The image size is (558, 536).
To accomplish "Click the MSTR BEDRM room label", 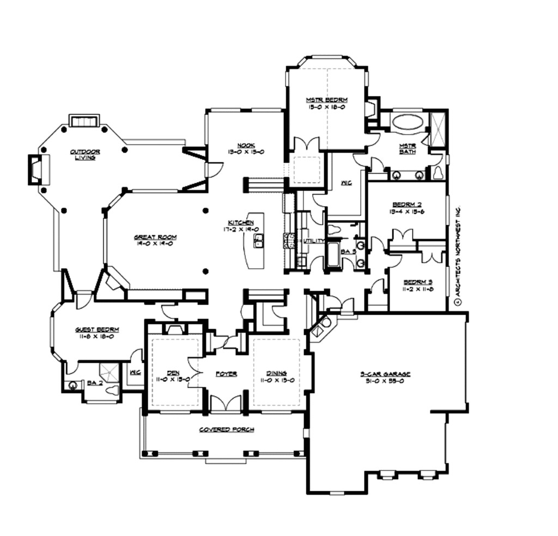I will click(326, 100).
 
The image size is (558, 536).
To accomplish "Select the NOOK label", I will click(246, 146).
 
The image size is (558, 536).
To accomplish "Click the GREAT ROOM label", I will click(155, 237).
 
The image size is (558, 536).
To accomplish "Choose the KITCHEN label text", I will click(240, 223).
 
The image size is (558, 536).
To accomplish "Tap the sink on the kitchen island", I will click(259, 241).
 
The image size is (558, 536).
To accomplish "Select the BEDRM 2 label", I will click(407, 204).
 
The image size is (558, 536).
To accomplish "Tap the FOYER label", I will click(226, 374).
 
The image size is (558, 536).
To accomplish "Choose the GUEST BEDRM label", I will click(97, 330).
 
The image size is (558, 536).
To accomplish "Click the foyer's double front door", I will click(226, 403).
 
